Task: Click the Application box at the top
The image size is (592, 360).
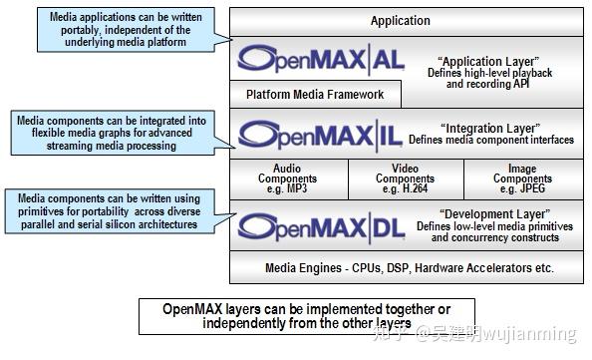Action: coord(401,20)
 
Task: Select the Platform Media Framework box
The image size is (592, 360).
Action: coord(315,96)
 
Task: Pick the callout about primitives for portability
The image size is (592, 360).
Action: coord(109,211)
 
